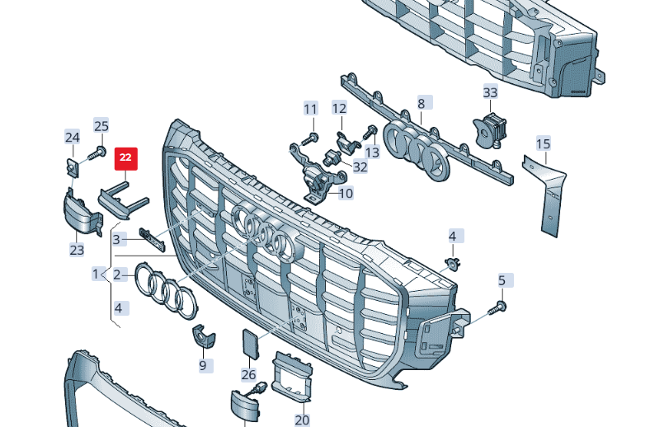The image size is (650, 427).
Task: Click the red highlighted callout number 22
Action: coord(125,158)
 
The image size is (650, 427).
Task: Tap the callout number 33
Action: coord(491,92)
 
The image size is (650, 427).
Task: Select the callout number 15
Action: coord(543,143)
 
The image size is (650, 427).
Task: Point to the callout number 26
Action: coord(248,374)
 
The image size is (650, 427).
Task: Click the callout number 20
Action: coord(302,420)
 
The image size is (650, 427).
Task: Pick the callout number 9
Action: coord(203,365)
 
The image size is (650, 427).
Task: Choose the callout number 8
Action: coord(422,103)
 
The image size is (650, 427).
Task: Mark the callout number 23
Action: coord(77,250)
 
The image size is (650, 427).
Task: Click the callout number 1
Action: coord(96,274)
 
